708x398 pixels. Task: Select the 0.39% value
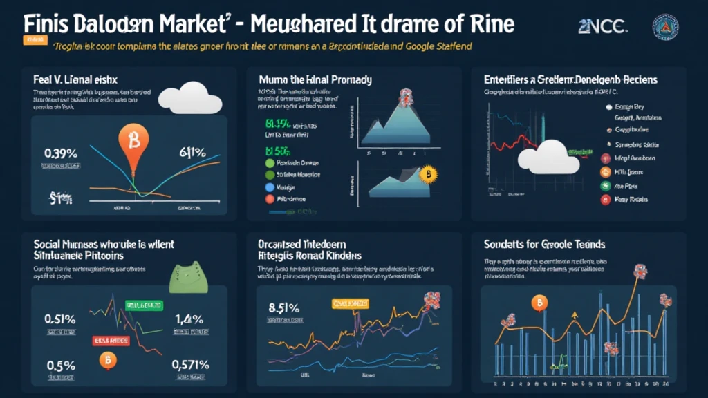[x=60, y=153]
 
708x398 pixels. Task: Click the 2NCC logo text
[x=602, y=26]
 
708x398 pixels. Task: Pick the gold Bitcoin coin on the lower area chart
[x=429, y=173]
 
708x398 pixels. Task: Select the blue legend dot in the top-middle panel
[x=270, y=187]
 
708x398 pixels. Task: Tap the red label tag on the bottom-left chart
[x=111, y=339]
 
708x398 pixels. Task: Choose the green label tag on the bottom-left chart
[x=142, y=305]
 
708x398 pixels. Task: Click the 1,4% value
[x=188, y=319]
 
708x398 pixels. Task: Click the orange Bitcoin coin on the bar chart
[x=538, y=303]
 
